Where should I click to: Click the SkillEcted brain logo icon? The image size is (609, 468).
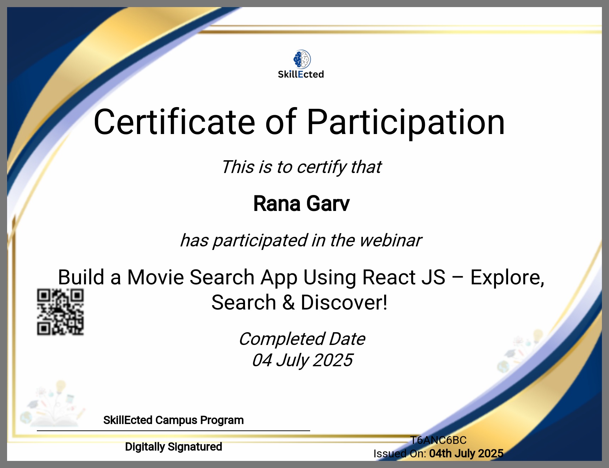(302, 59)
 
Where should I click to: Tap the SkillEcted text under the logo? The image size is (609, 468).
(301, 74)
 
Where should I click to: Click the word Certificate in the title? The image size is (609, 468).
(175, 122)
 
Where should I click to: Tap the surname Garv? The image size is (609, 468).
(328, 204)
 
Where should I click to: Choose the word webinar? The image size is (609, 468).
(391, 240)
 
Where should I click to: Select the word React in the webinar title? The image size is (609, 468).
(389, 277)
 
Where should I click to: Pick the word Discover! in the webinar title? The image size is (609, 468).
(344, 303)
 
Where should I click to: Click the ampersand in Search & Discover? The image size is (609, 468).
(289, 303)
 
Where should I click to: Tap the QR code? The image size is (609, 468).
(61, 312)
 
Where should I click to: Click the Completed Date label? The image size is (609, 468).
(302, 339)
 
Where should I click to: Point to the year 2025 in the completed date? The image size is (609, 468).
(333, 361)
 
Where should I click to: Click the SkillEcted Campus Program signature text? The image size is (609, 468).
(173, 420)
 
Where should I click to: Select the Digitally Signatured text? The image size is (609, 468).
(173, 447)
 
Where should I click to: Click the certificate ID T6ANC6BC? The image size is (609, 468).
(438, 440)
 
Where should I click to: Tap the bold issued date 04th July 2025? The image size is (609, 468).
(466, 453)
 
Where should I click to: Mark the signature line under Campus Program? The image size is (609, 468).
(173, 431)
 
